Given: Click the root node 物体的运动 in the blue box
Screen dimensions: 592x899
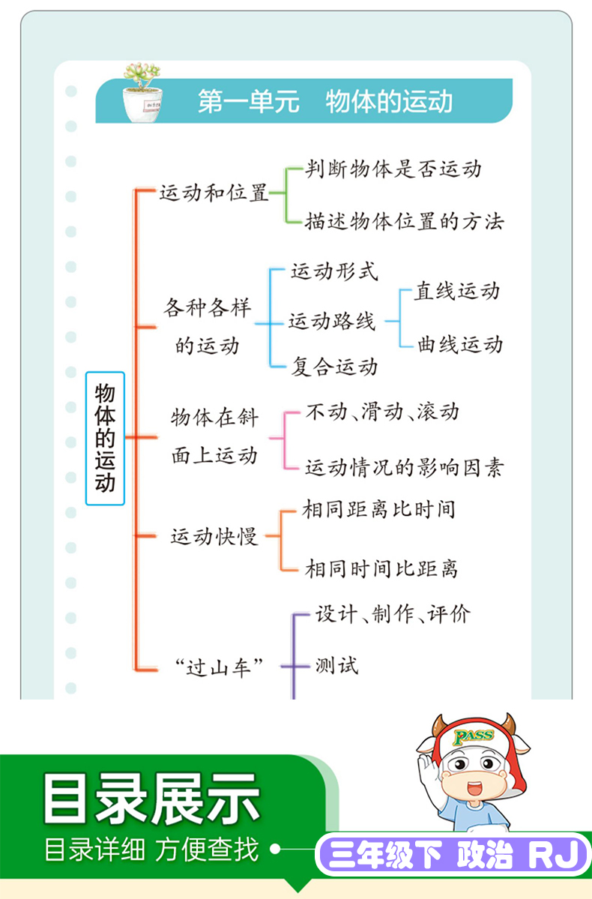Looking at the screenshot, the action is (x=105, y=439).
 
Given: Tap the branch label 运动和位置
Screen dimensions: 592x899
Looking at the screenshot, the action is (x=214, y=193).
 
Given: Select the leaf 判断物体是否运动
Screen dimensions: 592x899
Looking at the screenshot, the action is (x=393, y=169).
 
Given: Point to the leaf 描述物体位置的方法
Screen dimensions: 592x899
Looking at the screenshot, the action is (x=404, y=221).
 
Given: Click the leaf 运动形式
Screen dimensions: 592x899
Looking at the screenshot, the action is (x=334, y=271).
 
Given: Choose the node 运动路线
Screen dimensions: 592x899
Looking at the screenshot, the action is (x=332, y=321).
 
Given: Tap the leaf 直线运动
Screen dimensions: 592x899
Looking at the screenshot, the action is (x=457, y=291).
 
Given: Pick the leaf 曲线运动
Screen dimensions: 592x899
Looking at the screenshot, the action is (x=459, y=344).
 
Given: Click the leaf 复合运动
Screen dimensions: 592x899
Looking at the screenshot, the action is (x=335, y=367).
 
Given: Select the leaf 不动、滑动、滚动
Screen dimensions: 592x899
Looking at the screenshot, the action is (x=382, y=412).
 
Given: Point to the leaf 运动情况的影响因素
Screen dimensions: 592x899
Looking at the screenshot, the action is (x=404, y=468).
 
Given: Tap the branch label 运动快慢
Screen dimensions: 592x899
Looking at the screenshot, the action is (x=214, y=537).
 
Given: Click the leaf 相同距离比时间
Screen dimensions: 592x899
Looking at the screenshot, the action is (x=379, y=509).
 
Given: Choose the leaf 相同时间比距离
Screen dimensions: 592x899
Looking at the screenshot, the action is (x=381, y=569).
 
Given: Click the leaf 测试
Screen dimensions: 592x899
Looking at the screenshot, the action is (x=336, y=666).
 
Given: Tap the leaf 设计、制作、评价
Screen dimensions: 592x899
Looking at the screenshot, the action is (x=393, y=614).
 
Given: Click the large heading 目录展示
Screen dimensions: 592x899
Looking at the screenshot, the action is (x=152, y=799).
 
